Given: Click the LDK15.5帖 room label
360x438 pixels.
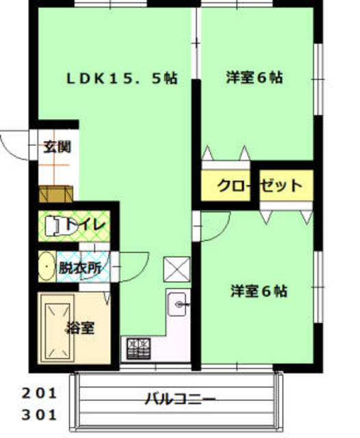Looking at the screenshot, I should pyautogui.click(x=121, y=78).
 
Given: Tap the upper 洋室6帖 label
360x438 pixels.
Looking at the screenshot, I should pyautogui.click(x=255, y=77).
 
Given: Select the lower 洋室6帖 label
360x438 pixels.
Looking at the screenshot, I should pyautogui.click(x=258, y=291).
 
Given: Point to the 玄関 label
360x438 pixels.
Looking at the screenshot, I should pyautogui.click(x=57, y=146).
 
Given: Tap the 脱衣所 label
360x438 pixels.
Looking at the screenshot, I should pyautogui.click(x=81, y=268).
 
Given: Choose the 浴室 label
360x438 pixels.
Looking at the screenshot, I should pyautogui.click(x=79, y=327).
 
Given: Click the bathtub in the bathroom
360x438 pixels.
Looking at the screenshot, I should pyautogui.click(x=56, y=328).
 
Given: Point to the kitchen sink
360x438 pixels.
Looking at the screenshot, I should pyautogui.click(x=180, y=302).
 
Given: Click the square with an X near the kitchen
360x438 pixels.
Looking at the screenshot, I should pyautogui.click(x=175, y=270).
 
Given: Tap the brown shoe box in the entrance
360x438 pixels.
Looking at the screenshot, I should pyautogui.click(x=55, y=194).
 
